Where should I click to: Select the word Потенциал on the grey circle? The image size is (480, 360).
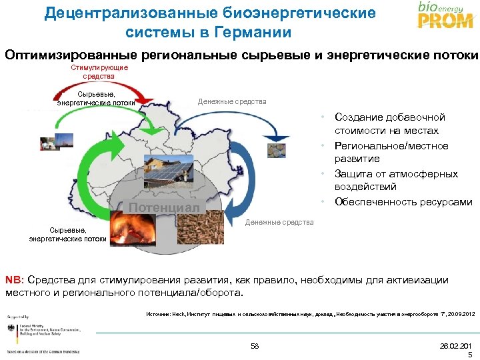coord(164,207)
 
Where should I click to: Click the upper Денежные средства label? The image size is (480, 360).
coord(232,101)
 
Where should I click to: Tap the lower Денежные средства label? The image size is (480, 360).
coord(279,222)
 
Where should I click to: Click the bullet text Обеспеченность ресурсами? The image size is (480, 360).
coord(403,202)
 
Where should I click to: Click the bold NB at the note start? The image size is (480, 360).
coord(13,279)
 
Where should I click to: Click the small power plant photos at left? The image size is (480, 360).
coord(48,143)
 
